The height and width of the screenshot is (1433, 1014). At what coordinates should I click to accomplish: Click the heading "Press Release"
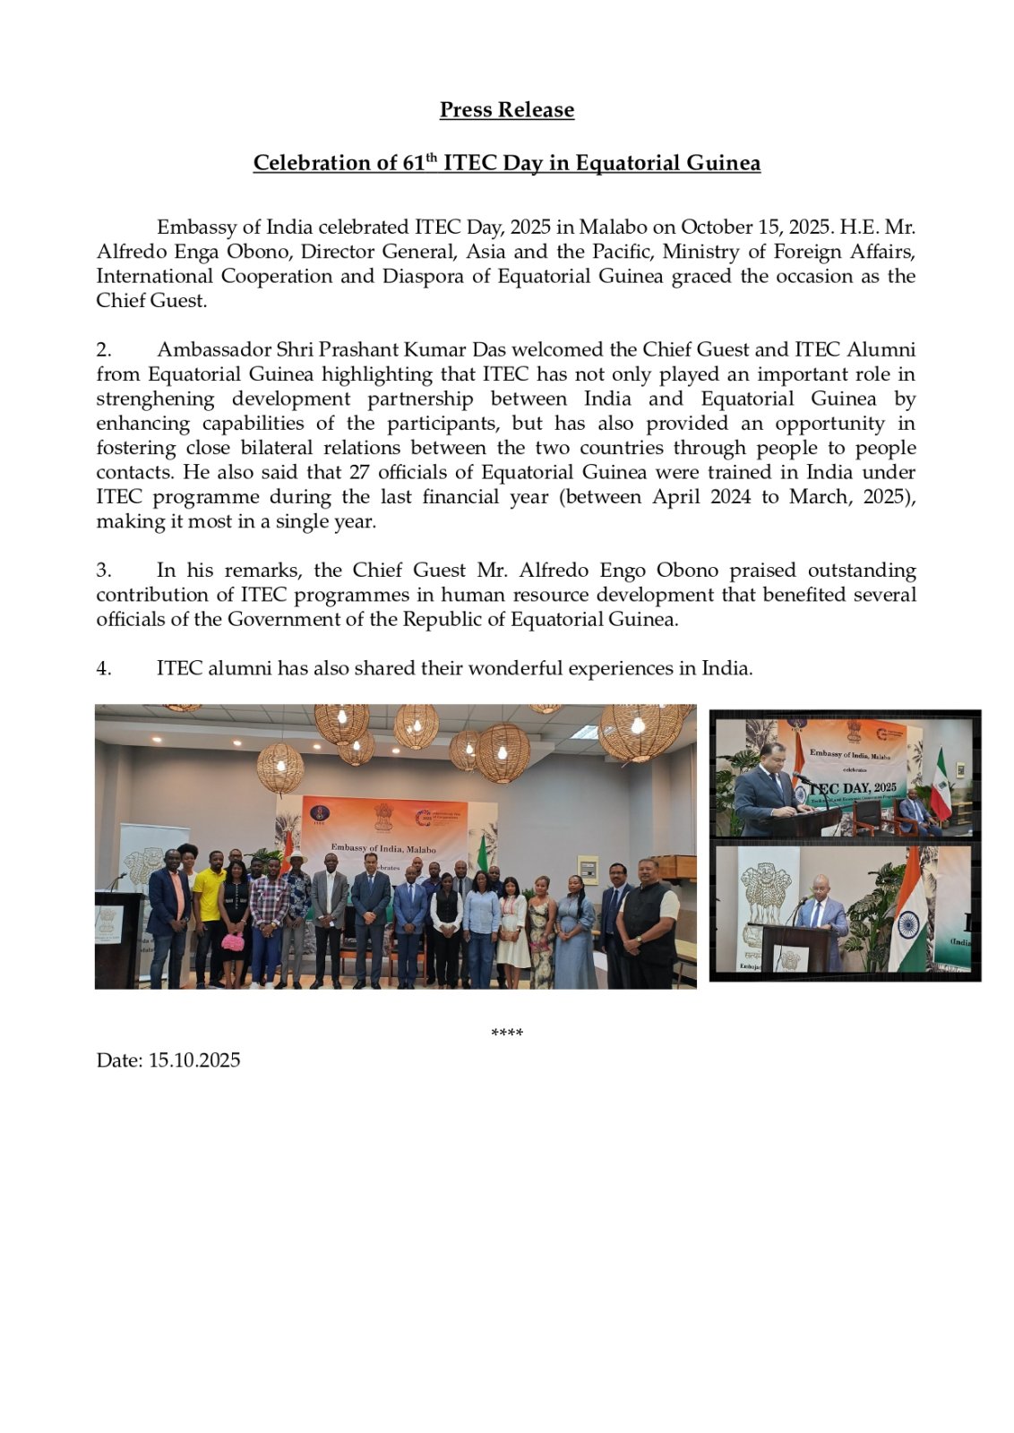(x=506, y=109)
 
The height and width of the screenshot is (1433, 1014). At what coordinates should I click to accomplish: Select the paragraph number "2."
(x=104, y=349)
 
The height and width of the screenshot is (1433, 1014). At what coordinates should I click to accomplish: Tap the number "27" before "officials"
(x=360, y=472)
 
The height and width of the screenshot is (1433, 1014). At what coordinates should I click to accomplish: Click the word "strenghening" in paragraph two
(x=155, y=399)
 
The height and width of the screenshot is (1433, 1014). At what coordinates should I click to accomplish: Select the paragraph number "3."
(x=104, y=571)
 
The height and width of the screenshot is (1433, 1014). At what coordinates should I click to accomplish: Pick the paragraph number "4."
(x=104, y=668)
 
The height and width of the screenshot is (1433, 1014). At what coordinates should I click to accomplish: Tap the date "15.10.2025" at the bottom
(x=194, y=1060)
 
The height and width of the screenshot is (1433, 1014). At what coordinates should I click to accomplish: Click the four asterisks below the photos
(x=507, y=1034)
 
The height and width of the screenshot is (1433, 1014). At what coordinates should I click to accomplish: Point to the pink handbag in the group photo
(x=233, y=941)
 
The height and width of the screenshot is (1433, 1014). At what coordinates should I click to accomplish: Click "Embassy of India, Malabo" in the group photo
(x=383, y=847)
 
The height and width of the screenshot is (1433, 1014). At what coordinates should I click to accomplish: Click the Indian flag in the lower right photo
(x=909, y=922)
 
